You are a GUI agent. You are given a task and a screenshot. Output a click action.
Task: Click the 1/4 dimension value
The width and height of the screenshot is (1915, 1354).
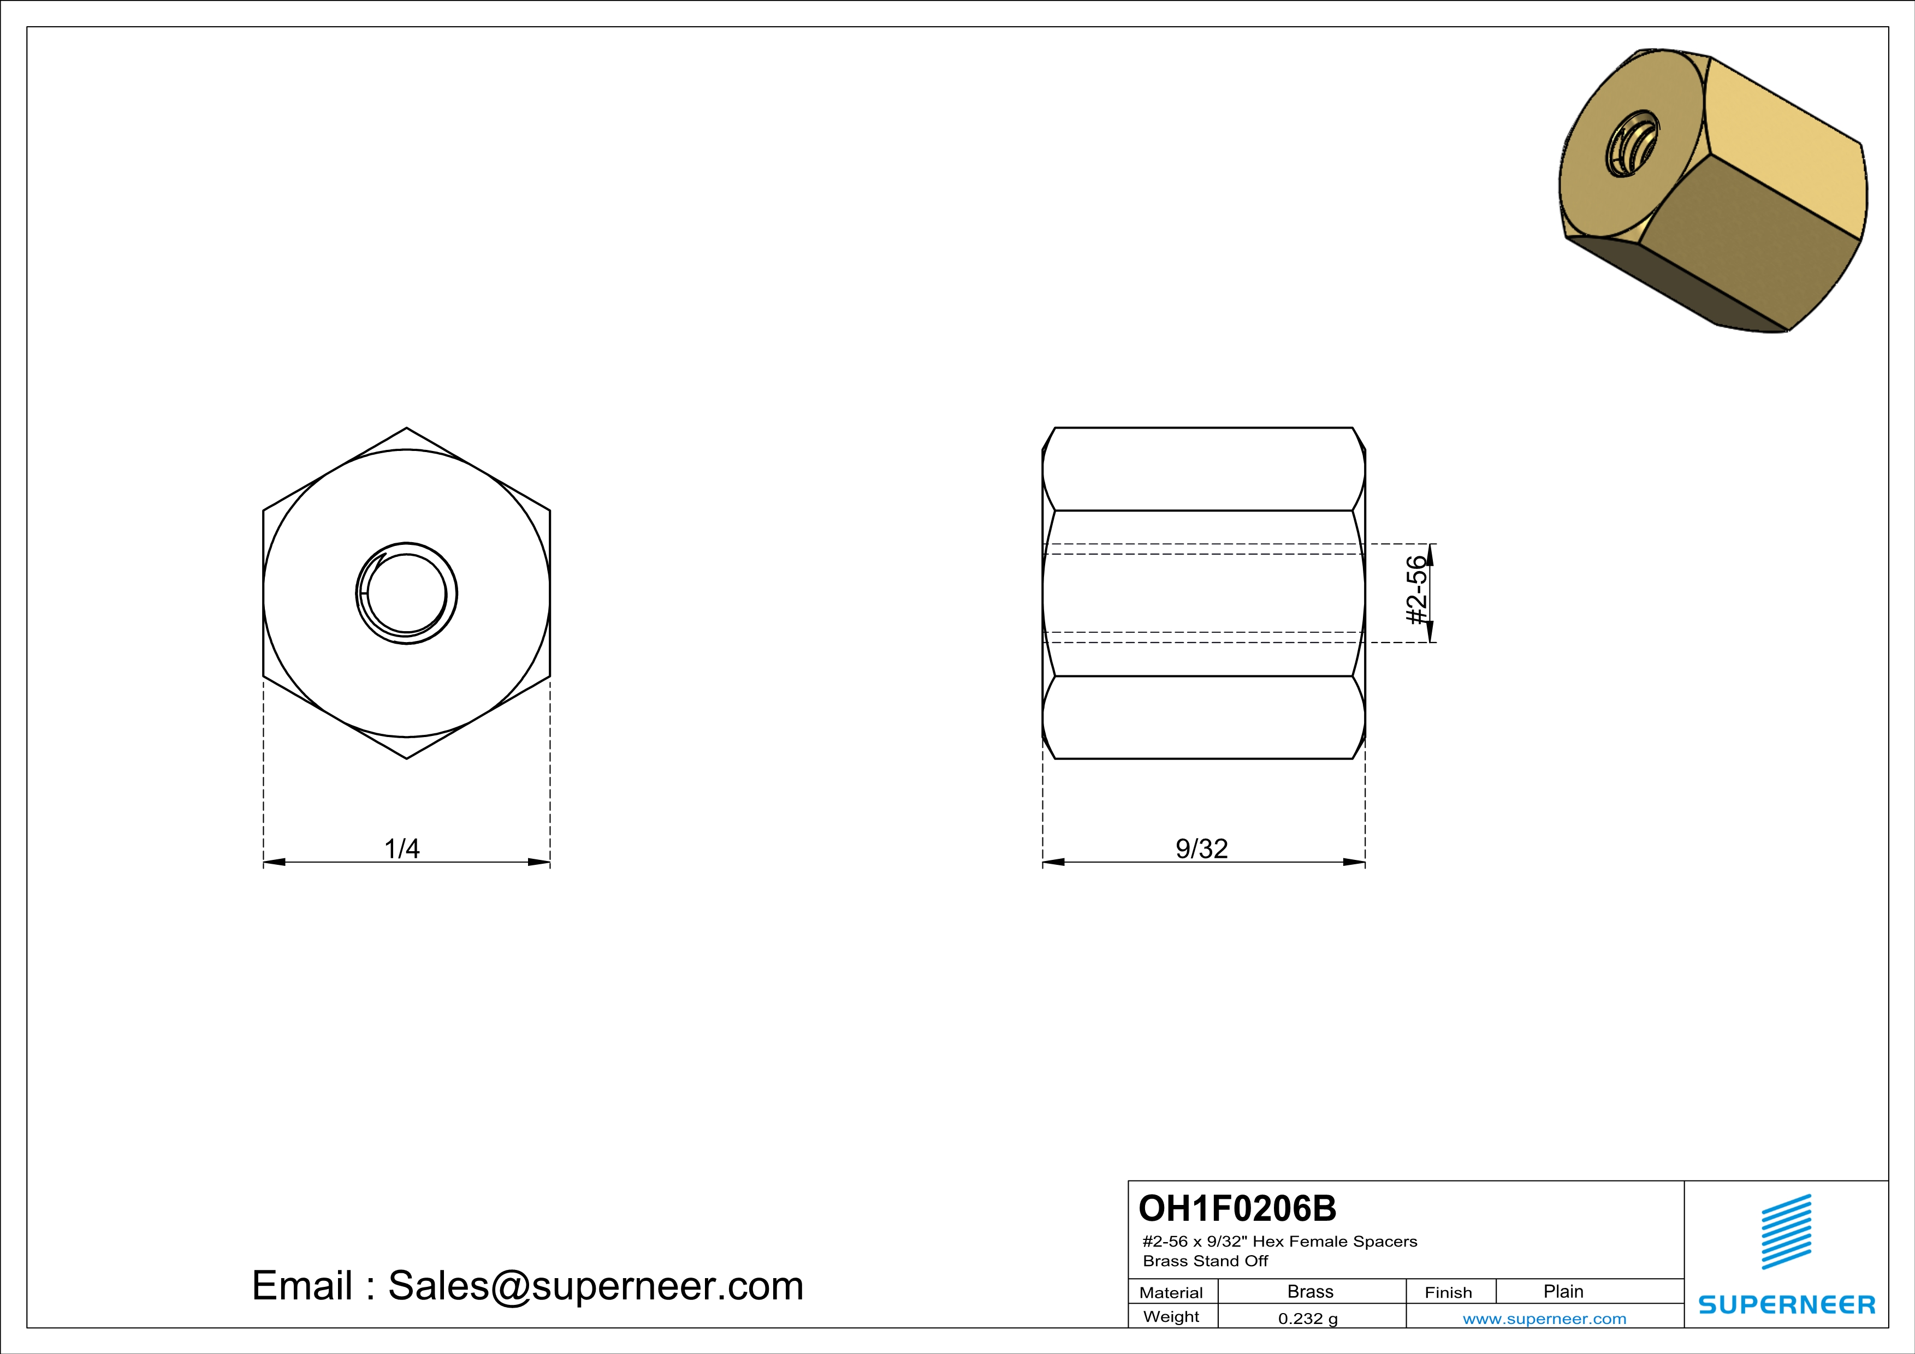401,849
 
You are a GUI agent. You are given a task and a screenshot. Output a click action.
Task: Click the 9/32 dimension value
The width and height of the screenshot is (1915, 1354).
1201,849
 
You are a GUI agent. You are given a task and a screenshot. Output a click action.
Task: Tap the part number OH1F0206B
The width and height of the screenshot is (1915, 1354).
1237,1208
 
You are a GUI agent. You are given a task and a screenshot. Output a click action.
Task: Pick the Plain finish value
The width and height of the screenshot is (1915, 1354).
1562,1291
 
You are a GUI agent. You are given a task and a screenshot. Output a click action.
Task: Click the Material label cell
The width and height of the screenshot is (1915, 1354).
1171,1292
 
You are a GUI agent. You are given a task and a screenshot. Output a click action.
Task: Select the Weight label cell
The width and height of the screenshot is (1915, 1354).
1171,1316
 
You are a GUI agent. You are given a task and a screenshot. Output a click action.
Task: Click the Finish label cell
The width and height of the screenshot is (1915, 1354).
1448,1292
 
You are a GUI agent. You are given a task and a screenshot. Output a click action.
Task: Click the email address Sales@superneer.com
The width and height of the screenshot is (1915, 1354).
596,1286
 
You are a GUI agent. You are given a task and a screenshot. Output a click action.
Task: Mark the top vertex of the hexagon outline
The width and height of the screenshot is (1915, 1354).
406,429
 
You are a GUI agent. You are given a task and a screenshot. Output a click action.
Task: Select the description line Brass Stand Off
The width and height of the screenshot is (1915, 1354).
1205,1261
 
